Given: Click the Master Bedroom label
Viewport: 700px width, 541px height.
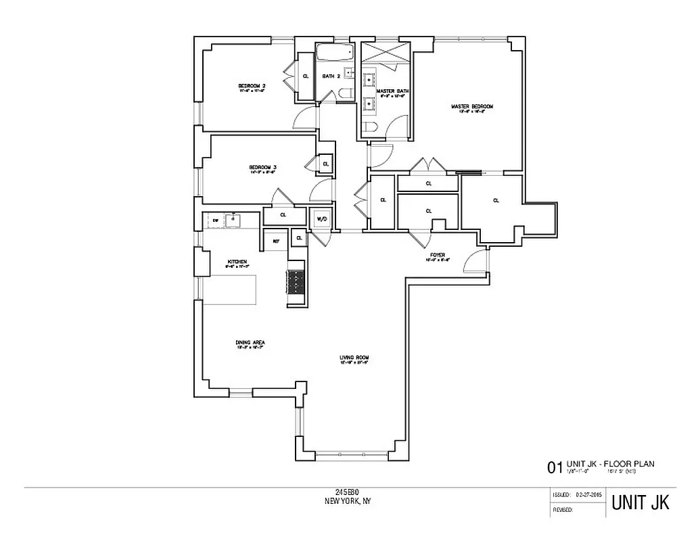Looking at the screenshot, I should (x=472, y=107).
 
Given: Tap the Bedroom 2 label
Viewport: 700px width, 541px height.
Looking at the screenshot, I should (x=252, y=86).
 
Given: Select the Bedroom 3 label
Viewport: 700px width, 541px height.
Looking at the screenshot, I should (x=262, y=167).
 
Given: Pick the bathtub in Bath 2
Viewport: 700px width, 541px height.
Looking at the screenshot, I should (x=335, y=53).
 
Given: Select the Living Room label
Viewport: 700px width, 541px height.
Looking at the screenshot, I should (x=354, y=358).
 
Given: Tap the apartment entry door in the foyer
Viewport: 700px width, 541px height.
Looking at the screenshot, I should (x=478, y=260).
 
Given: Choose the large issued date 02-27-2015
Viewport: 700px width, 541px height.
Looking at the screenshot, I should (x=586, y=496).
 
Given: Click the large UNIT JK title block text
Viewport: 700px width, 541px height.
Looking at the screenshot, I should (x=640, y=503).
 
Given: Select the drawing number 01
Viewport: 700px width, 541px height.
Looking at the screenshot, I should (x=555, y=467).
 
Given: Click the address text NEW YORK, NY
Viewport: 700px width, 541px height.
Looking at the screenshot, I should (x=348, y=501).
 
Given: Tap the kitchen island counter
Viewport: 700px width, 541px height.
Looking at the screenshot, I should (x=231, y=289).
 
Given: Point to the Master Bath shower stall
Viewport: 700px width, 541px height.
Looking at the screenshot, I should (x=386, y=52).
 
